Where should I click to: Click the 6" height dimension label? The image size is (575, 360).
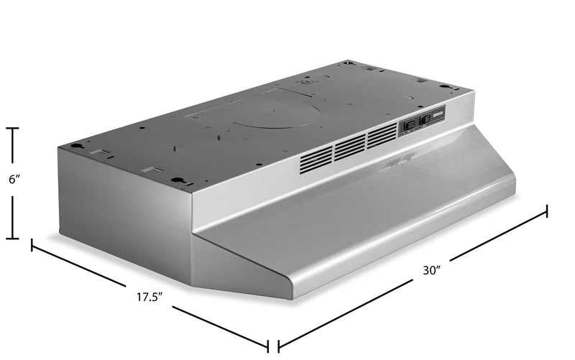13,181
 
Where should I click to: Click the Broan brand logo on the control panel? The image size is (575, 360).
438,112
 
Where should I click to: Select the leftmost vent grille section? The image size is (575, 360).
316,159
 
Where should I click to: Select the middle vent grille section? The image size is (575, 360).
349,146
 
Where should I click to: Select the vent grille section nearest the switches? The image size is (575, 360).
382,134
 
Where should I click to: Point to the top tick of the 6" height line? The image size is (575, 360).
13,128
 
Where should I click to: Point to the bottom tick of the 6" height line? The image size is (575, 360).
13,238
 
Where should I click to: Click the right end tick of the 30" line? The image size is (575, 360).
547,211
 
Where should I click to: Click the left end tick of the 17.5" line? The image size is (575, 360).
32,245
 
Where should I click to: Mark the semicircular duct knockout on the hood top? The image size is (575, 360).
265,114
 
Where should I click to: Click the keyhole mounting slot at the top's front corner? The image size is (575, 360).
177,180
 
